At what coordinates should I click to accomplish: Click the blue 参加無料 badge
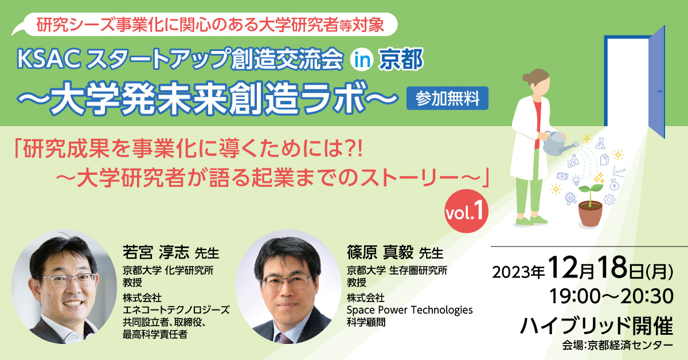pyautogui.click(x=447, y=98)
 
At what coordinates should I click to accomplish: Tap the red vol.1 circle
pyautogui.click(x=466, y=211)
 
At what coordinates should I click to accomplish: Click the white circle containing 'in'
pyautogui.click(x=362, y=60)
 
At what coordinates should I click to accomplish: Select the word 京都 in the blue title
pyautogui.click(x=401, y=60)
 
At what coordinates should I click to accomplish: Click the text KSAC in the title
pyautogui.click(x=49, y=59)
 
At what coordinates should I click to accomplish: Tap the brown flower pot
pyautogui.click(x=591, y=214)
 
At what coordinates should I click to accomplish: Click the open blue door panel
pyautogui.click(x=656, y=82)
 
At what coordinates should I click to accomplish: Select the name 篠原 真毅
pyautogui.click(x=380, y=252)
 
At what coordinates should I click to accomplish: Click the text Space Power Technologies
pyautogui.click(x=410, y=310)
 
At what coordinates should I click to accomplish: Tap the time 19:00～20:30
pyautogui.click(x=611, y=296)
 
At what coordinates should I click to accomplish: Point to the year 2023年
pyautogui.click(x=518, y=272)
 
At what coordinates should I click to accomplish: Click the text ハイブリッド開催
pyautogui.click(x=596, y=326)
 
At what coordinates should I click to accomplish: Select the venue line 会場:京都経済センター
pyautogui.click(x=617, y=346)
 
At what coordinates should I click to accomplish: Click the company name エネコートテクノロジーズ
pyautogui.click(x=176, y=310)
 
